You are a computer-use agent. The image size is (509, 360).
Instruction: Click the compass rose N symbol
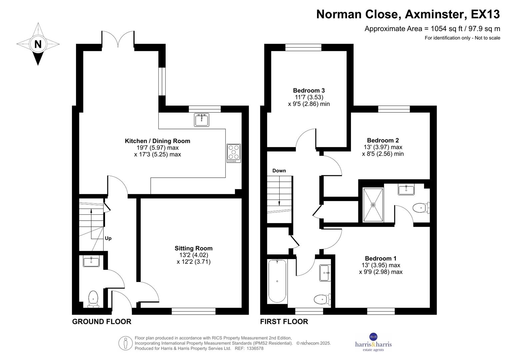pos(38,44)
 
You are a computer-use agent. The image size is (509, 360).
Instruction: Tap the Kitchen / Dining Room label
pos(157,141)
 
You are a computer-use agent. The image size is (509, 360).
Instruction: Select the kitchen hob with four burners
pos(234,153)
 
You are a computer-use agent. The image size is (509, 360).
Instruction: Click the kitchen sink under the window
pos(202,120)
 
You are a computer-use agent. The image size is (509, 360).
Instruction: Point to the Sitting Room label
pos(193,248)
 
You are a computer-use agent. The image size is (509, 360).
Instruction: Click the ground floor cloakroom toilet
pos(93,299)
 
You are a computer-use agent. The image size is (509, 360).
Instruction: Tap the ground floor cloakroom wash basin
pos(91,261)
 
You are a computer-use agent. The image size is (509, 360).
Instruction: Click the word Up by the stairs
pos(108,238)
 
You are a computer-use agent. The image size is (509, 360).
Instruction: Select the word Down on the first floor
pos(279,171)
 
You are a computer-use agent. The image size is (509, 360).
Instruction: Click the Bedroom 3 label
pos(309,90)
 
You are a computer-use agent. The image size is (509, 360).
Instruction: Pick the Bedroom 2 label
pos(383,140)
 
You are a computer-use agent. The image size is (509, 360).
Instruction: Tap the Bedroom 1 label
pos(380,258)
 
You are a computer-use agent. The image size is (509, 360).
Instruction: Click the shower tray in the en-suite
pos(373,205)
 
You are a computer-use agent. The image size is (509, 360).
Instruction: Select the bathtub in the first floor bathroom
pos(277,281)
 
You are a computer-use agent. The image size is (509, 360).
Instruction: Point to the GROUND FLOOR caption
pos(102,322)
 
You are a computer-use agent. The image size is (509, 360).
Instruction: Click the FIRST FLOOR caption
pos(284,322)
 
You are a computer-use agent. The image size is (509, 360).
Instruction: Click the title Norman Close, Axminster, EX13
pos(408,14)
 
